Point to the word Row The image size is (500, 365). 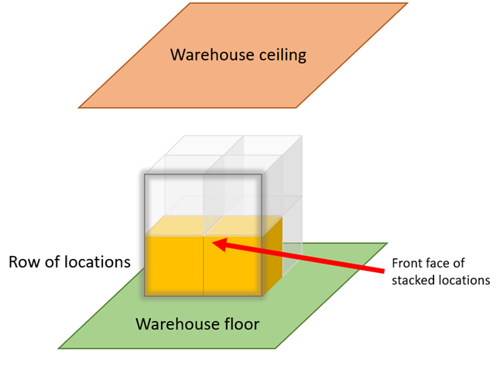click(x=23, y=262)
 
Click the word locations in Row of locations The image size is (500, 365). click(x=95, y=262)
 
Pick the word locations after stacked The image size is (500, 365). click(x=464, y=280)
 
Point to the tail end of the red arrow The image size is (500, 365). click(x=382, y=270)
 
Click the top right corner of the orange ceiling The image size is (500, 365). click(x=407, y=4)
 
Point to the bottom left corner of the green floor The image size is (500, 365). click(x=59, y=348)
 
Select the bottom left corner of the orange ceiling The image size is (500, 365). click(x=78, y=107)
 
